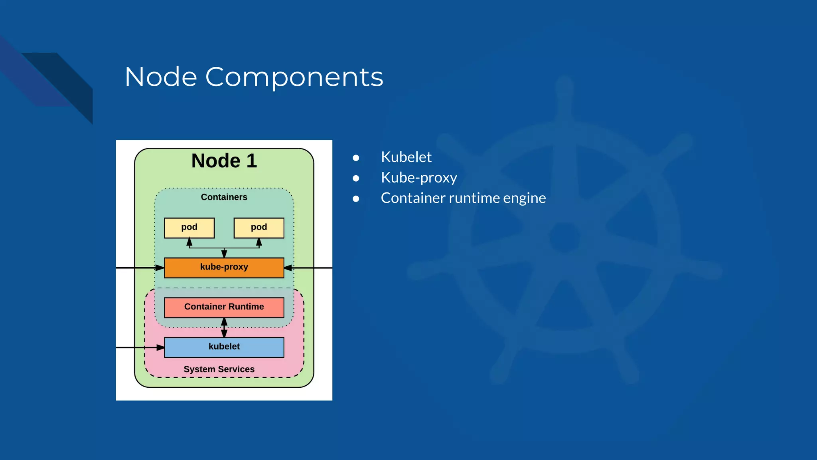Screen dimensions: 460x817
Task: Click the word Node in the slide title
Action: (x=161, y=77)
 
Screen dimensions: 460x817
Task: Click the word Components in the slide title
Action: (x=294, y=77)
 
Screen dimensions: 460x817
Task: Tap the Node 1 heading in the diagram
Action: (x=224, y=161)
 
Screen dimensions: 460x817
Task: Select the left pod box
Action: (x=189, y=228)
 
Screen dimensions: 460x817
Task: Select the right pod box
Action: (x=259, y=228)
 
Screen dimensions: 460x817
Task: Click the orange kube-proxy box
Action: (x=224, y=268)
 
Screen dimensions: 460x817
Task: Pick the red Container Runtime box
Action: (x=224, y=307)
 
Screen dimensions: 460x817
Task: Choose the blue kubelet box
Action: (x=224, y=347)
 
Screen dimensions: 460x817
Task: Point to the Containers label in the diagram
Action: (x=224, y=197)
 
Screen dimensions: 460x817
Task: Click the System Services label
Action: (x=219, y=369)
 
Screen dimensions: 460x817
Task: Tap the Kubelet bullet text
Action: (x=406, y=157)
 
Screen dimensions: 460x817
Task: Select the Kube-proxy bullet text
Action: (x=418, y=178)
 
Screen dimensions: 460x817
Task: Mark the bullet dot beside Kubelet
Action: (x=356, y=158)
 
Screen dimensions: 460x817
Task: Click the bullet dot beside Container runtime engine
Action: (x=356, y=199)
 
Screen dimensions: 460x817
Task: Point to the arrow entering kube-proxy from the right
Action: (x=307, y=268)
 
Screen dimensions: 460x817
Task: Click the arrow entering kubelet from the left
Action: (x=140, y=348)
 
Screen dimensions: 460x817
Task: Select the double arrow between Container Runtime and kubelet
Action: (x=224, y=328)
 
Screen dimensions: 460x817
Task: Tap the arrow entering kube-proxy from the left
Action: (x=140, y=268)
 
